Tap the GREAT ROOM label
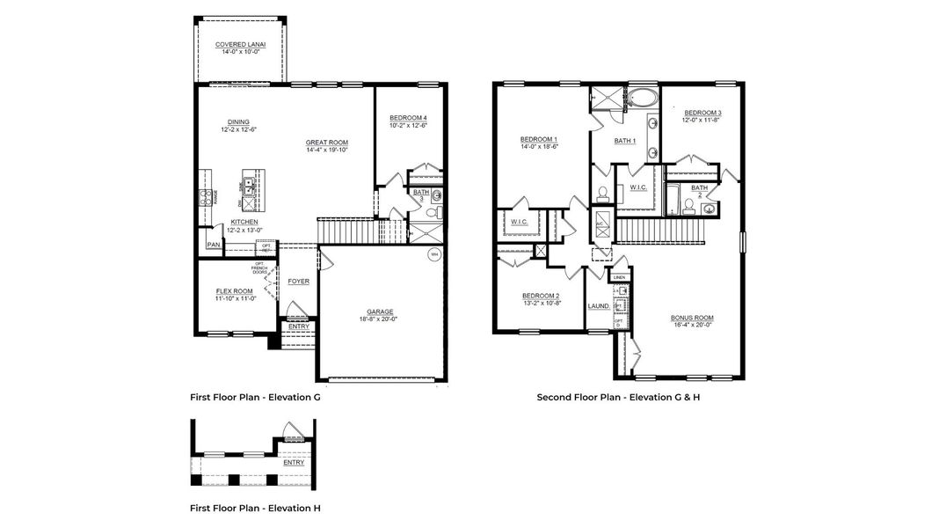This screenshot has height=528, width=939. point(327,143)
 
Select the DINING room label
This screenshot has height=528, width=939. point(238,122)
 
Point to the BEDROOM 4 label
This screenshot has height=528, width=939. point(408,118)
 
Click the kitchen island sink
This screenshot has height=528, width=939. point(249,186)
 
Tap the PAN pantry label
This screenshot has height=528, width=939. point(213,245)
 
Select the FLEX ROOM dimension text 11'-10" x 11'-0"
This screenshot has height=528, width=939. point(235,299)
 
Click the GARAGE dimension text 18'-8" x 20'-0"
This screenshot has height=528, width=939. point(380,319)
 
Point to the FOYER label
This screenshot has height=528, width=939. point(299,282)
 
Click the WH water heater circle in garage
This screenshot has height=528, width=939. point(433,255)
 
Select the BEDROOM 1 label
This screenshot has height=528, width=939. point(538,139)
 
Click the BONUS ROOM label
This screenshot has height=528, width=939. point(692,318)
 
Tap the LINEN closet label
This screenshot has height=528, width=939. point(620,277)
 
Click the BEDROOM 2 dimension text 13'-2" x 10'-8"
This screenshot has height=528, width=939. point(540,303)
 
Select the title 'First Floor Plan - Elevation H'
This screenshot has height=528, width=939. point(255,508)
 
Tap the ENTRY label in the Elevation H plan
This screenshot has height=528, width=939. point(294,461)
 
